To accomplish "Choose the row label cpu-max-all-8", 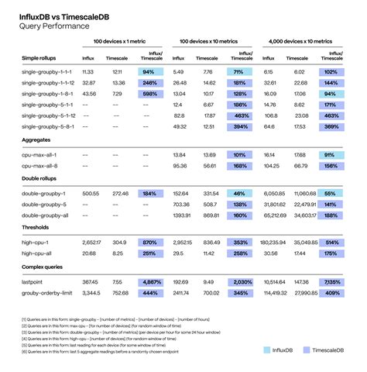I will click(x=41, y=164).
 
